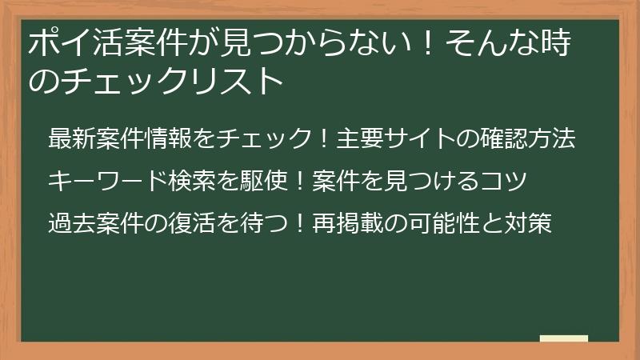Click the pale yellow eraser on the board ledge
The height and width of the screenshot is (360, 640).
click(564, 338)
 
